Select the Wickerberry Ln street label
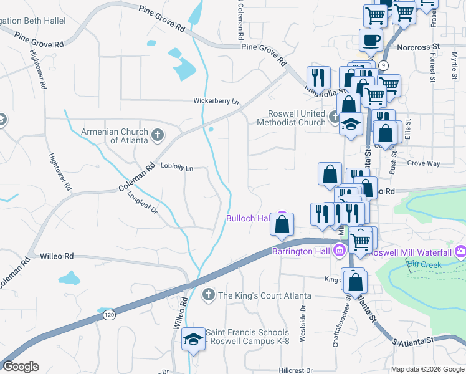[216, 101]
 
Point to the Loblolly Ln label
[177, 168]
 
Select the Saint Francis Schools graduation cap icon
[193, 340]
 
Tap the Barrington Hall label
[302, 251]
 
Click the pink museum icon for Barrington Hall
[340, 251]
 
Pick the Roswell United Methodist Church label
[297, 118]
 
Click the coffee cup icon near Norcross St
[371, 40]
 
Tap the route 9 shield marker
[384, 65]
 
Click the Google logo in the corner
[21, 367]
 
